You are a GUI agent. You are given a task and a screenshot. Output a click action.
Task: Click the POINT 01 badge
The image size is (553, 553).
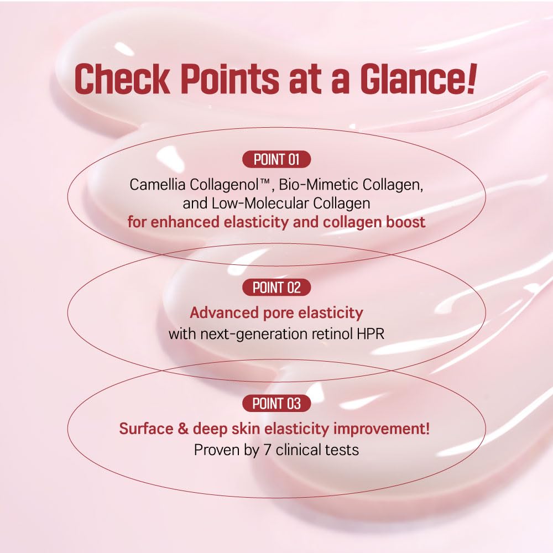(x=276, y=160)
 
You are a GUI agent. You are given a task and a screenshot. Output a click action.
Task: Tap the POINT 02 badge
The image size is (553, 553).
(x=276, y=287)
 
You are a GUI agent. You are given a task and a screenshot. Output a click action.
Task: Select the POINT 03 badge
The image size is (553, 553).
(x=276, y=404)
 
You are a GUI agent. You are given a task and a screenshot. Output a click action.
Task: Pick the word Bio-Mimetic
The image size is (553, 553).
(x=309, y=185)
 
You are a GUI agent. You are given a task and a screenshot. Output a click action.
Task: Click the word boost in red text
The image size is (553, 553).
(x=406, y=222)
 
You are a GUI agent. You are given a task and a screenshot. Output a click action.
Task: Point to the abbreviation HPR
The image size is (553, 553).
(x=372, y=335)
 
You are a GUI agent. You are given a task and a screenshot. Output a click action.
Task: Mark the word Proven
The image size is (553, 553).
(x=213, y=450)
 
